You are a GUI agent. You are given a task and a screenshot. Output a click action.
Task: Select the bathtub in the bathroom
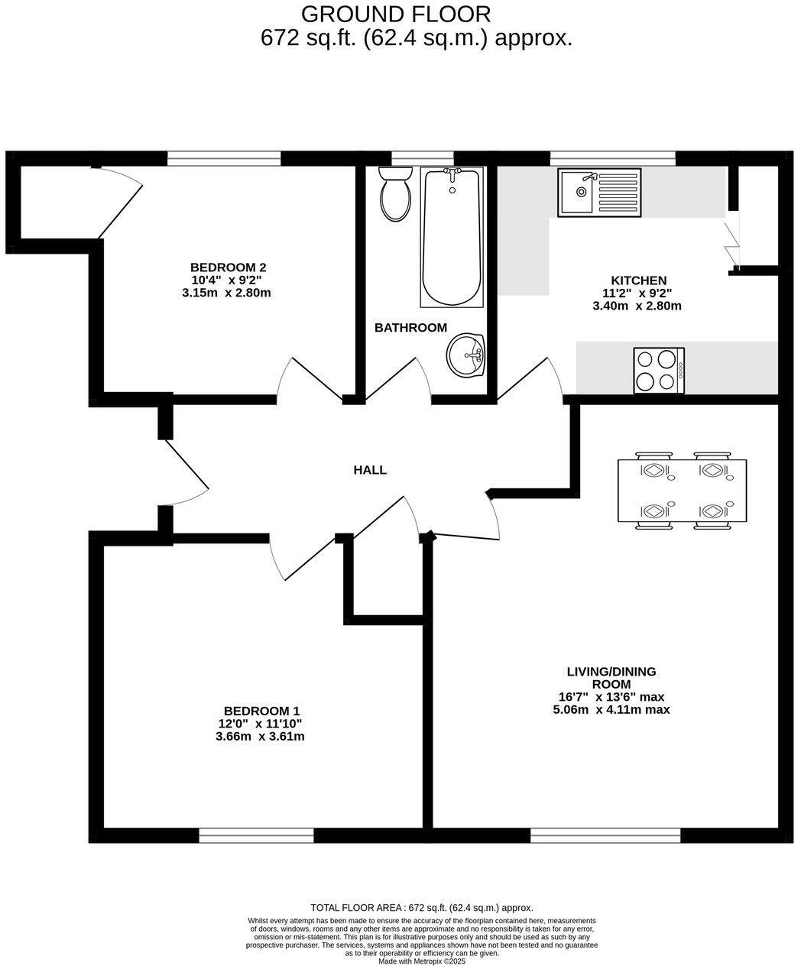click(x=452, y=237)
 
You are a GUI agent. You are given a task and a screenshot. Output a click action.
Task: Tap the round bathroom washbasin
click(x=467, y=355)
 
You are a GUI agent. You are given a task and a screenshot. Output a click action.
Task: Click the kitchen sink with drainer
click(x=600, y=193)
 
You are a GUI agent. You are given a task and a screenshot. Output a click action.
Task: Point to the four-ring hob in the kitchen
click(x=659, y=371)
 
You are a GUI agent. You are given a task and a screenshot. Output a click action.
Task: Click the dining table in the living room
click(x=682, y=490)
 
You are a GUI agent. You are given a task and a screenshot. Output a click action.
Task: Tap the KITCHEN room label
click(x=638, y=280)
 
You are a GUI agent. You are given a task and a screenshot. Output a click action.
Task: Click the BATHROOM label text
click(x=410, y=328)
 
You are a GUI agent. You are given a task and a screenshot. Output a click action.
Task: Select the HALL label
click(x=370, y=470)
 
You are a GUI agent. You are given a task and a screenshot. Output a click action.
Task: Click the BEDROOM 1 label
click(x=257, y=711)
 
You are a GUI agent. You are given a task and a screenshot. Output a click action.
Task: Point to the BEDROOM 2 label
click(x=228, y=267)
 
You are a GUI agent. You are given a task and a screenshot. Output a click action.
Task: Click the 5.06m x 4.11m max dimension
click(x=611, y=709)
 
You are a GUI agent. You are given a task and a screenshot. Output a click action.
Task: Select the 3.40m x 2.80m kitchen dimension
click(x=637, y=306)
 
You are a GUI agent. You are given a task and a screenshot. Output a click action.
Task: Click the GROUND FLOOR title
click(x=396, y=14)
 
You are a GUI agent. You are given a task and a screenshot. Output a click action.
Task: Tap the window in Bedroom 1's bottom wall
click(x=256, y=835)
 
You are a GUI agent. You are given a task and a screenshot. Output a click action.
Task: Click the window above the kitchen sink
click(x=612, y=157)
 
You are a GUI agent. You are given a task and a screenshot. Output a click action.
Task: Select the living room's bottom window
click(x=605, y=835)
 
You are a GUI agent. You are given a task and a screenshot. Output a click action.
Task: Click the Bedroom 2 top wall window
click(x=224, y=157)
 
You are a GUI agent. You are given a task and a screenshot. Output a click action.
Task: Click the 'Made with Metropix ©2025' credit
click(x=421, y=961)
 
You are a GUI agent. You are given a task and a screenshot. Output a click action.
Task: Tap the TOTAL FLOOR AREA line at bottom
click(x=421, y=907)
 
